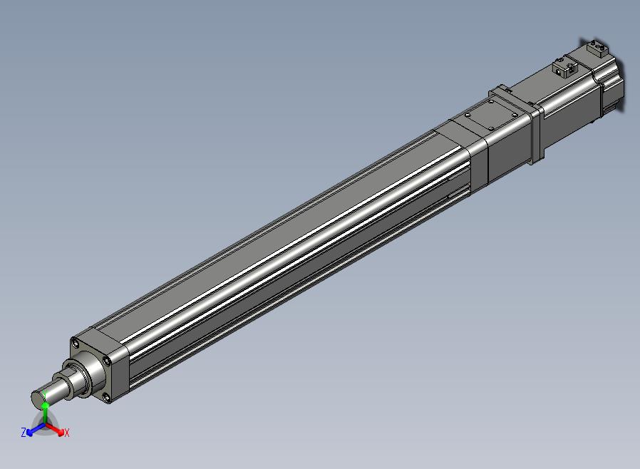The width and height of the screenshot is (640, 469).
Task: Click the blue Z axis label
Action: coord(24,432)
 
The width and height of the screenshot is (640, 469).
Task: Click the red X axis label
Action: coord(67,433)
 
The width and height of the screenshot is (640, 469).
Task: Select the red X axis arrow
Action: coord(55,429)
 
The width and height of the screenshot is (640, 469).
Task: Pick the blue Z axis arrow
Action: coord(36,429)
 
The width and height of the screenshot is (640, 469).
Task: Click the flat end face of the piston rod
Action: coord(38,398)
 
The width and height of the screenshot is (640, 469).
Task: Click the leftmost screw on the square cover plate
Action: coord(468,115)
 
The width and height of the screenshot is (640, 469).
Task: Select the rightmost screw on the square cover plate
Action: coord(514,115)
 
